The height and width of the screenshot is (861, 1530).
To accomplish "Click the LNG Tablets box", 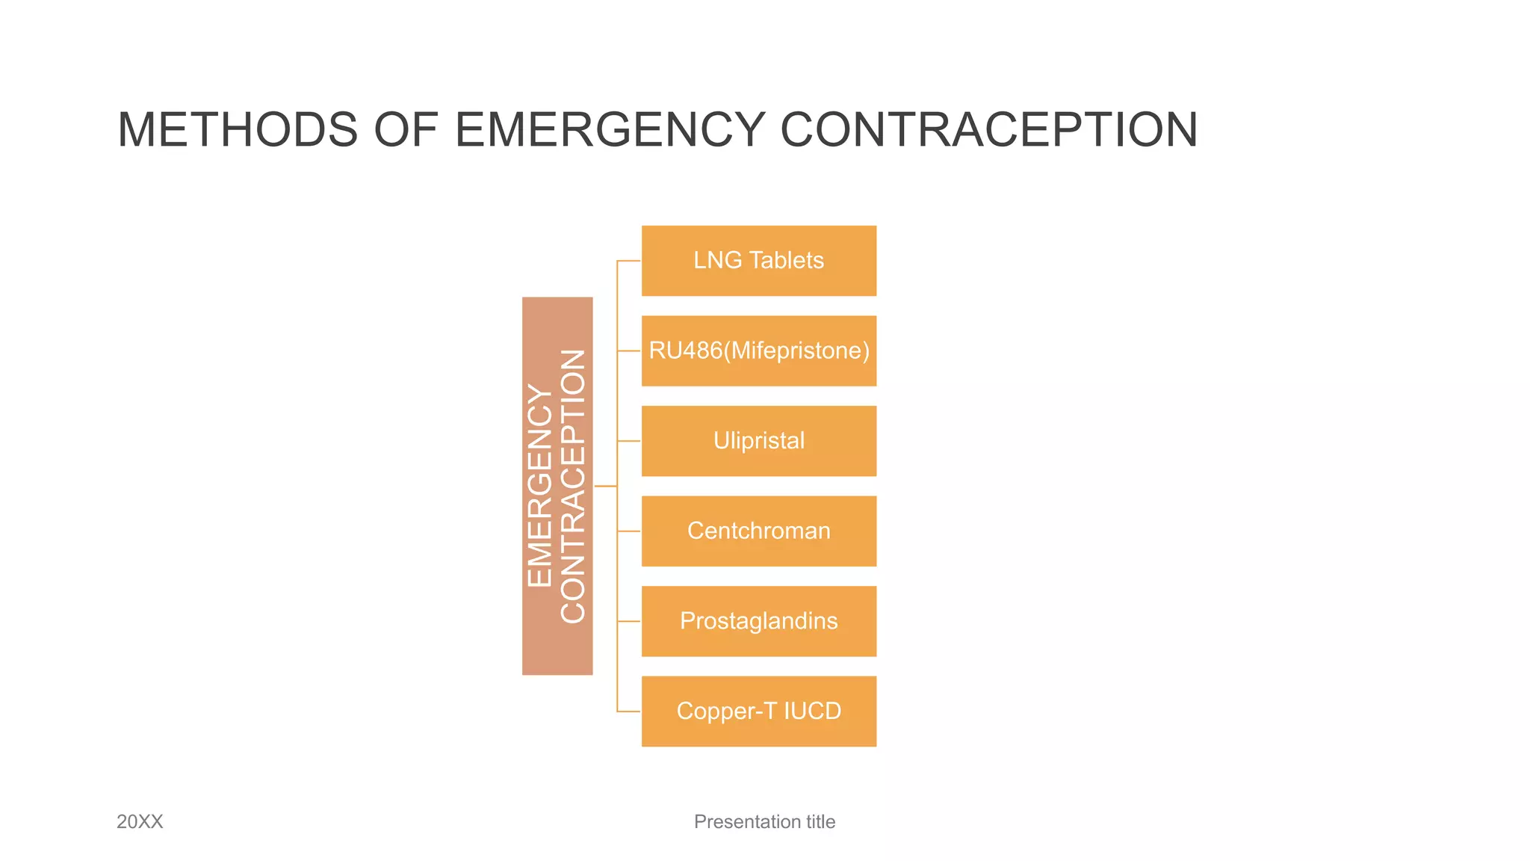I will tap(758, 261).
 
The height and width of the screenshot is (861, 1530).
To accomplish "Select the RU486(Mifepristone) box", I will tap(758, 351).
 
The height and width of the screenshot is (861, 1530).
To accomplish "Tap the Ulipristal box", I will tap(758, 441).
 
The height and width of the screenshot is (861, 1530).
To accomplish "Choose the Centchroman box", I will tap(758, 531).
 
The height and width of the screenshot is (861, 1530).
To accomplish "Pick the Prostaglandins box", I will tap(758, 621).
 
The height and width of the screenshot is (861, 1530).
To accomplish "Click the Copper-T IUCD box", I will tap(758, 711).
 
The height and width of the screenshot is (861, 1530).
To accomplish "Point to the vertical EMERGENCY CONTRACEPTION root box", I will tap(557, 486).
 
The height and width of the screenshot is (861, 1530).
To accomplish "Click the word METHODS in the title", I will tap(238, 130).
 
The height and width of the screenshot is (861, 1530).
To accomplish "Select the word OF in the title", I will tap(406, 130).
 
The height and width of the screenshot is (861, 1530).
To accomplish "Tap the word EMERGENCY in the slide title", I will tap(610, 130).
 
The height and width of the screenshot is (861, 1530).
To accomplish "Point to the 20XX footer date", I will tap(140, 821).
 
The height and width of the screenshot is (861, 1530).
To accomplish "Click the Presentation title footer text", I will tap(764, 821).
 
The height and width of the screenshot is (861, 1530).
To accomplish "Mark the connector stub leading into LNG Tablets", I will tap(629, 261).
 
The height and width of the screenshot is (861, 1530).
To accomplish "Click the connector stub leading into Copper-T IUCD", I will tap(629, 711).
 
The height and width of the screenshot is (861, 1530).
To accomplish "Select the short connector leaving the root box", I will tap(605, 486).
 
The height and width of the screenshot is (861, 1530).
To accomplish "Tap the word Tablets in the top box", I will tap(786, 260).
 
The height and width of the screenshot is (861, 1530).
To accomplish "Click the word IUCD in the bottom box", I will tap(812, 711).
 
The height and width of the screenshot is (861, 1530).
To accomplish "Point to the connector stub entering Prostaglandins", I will tap(629, 621).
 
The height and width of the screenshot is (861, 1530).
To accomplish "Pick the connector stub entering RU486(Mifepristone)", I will tap(629, 351).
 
